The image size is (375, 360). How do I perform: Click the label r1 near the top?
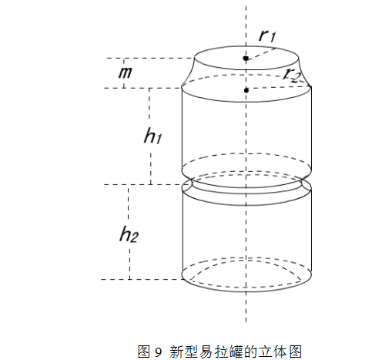[267, 36]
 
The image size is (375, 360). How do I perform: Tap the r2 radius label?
[291, 76]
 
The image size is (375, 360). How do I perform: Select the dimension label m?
[126, 72]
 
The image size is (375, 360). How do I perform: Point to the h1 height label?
[152, 136]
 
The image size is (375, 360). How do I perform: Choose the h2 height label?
[129, 234]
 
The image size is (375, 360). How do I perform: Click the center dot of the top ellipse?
[246, 59]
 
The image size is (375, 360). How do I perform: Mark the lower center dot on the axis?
[246, 90]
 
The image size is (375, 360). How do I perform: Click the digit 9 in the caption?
[159, 352]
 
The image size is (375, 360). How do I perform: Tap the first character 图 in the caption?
[144, 352]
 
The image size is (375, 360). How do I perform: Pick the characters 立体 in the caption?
[273, 352]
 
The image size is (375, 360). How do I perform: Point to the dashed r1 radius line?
[260, 53]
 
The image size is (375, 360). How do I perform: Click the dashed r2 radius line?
[279, 89]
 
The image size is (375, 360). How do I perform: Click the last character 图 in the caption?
[295, 352]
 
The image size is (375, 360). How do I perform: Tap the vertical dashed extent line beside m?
[124, 73]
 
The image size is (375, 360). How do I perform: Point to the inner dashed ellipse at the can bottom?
[246, 261]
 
